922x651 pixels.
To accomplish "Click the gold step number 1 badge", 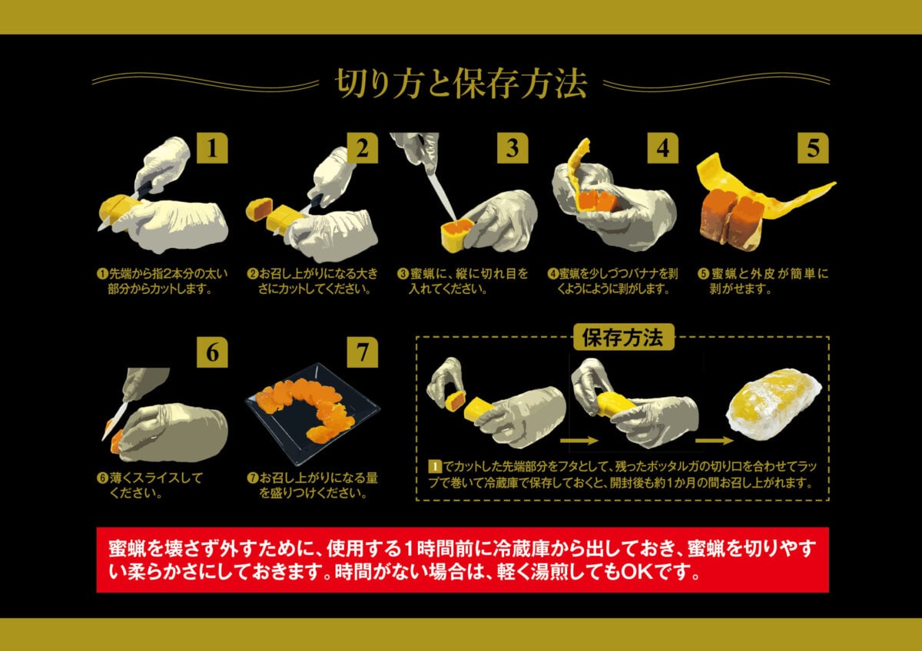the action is (x=212, y=148).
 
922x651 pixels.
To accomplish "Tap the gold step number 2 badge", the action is (x=362, y=148).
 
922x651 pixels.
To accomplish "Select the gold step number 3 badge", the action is (x=512, y=148).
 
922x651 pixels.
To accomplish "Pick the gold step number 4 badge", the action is (x=662, y=148).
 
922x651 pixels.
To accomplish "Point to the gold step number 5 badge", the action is (x=813, y=148).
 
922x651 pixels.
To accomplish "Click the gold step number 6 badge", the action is (x=212, y=352).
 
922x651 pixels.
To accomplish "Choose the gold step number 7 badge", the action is (x=362, y=352).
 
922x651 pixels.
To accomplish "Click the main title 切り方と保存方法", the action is (x=461, y=84).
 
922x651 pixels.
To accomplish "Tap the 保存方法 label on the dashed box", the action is (x=623, y=337).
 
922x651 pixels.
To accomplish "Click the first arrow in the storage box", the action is (x=579, y=441).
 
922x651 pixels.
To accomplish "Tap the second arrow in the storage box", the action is (x=714, y=441).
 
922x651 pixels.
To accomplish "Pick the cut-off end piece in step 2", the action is (x=260, y=209).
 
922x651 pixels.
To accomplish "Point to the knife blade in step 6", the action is (x=115, y=421).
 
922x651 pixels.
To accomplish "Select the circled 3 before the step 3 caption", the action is (x=403, y=273).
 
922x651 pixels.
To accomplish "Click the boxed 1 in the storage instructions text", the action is (x=435, y=467).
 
